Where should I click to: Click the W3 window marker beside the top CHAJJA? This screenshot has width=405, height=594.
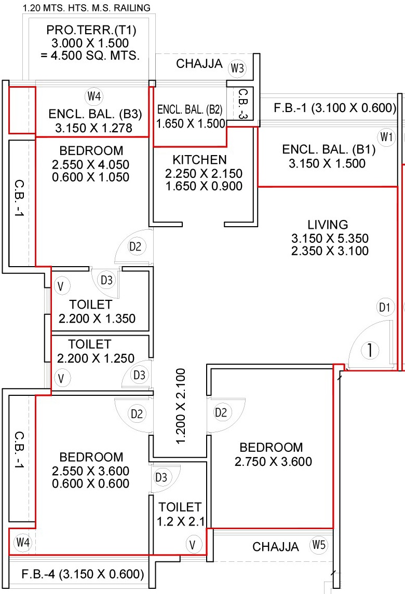click(238, 68)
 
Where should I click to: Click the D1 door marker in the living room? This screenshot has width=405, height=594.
click(384, 308)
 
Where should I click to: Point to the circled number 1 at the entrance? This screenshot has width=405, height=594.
click(370, 351)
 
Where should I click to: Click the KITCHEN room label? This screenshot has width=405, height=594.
click(200, 159)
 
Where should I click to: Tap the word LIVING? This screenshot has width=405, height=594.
click(327, 225)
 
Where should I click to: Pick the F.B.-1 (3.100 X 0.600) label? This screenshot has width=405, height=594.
click(335, 108)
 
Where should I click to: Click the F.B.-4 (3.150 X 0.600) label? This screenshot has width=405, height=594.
click(83, 574)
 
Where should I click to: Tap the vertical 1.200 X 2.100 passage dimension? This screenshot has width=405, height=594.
click(180, 406)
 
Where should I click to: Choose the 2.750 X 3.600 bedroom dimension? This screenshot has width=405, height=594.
click(273, 461)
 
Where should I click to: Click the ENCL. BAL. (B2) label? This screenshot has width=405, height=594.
click(190, 109)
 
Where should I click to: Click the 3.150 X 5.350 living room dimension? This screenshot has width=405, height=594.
click(330, 239)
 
